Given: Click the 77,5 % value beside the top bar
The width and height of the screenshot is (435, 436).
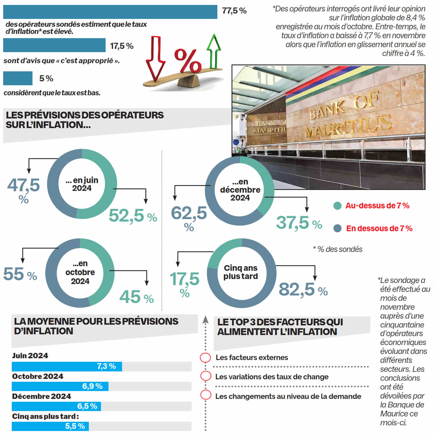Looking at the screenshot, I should pos(234,11).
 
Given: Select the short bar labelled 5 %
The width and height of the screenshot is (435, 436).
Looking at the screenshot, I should pos(18,78).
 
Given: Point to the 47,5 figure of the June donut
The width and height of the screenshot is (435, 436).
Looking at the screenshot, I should pos(23,186).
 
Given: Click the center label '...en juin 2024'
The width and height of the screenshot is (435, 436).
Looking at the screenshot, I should pos(82,184).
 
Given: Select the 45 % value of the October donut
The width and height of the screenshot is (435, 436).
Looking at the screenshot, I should pos(136,297).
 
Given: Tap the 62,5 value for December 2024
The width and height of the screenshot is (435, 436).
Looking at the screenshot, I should pos(189,213).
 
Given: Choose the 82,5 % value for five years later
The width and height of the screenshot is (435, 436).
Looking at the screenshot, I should pos(303,290).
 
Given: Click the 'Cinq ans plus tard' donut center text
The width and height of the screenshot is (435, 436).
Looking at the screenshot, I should pos(241,272).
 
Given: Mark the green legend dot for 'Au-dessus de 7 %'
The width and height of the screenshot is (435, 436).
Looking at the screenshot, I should pos(337,206).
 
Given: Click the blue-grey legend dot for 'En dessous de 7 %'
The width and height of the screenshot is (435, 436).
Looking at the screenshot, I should pos(337,228).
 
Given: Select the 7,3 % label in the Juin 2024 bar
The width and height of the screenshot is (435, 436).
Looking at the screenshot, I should pos(106,366).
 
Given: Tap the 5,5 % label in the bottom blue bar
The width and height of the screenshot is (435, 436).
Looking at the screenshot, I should pos(75,426).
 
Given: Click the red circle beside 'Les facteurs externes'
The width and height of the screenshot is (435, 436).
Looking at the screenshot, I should pos(205,357).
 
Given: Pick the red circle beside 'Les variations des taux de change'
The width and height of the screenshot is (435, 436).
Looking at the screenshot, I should pos(205,376).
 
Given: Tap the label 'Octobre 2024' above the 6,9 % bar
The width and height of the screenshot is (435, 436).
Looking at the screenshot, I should pos(38,377).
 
